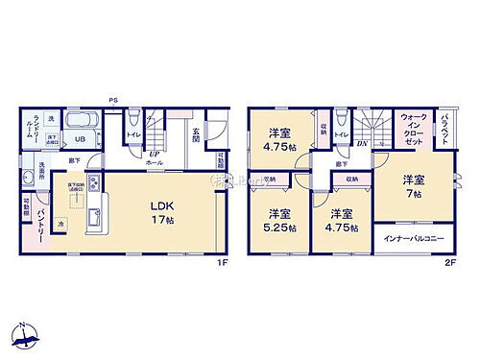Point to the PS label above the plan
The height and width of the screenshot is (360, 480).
[113, 99]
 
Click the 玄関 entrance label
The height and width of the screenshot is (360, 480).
[196, 137]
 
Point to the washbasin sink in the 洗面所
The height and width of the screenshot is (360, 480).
[29, 177]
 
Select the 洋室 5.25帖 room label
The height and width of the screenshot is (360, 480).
[279, 224]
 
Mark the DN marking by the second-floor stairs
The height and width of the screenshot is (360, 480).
[363, 144]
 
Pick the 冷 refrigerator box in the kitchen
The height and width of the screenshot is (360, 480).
[60, 225]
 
